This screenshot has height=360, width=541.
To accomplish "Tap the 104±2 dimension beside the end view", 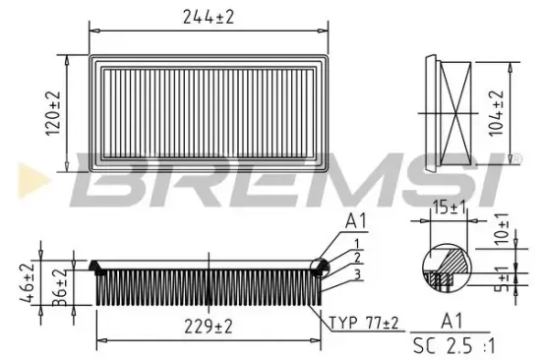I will coord(497,113).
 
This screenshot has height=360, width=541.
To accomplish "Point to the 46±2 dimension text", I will coord(27,282).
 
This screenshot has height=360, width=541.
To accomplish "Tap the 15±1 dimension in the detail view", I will coord(450,208).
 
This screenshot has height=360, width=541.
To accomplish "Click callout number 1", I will coord(358,243).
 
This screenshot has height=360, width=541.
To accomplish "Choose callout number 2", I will coord(358,258).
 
